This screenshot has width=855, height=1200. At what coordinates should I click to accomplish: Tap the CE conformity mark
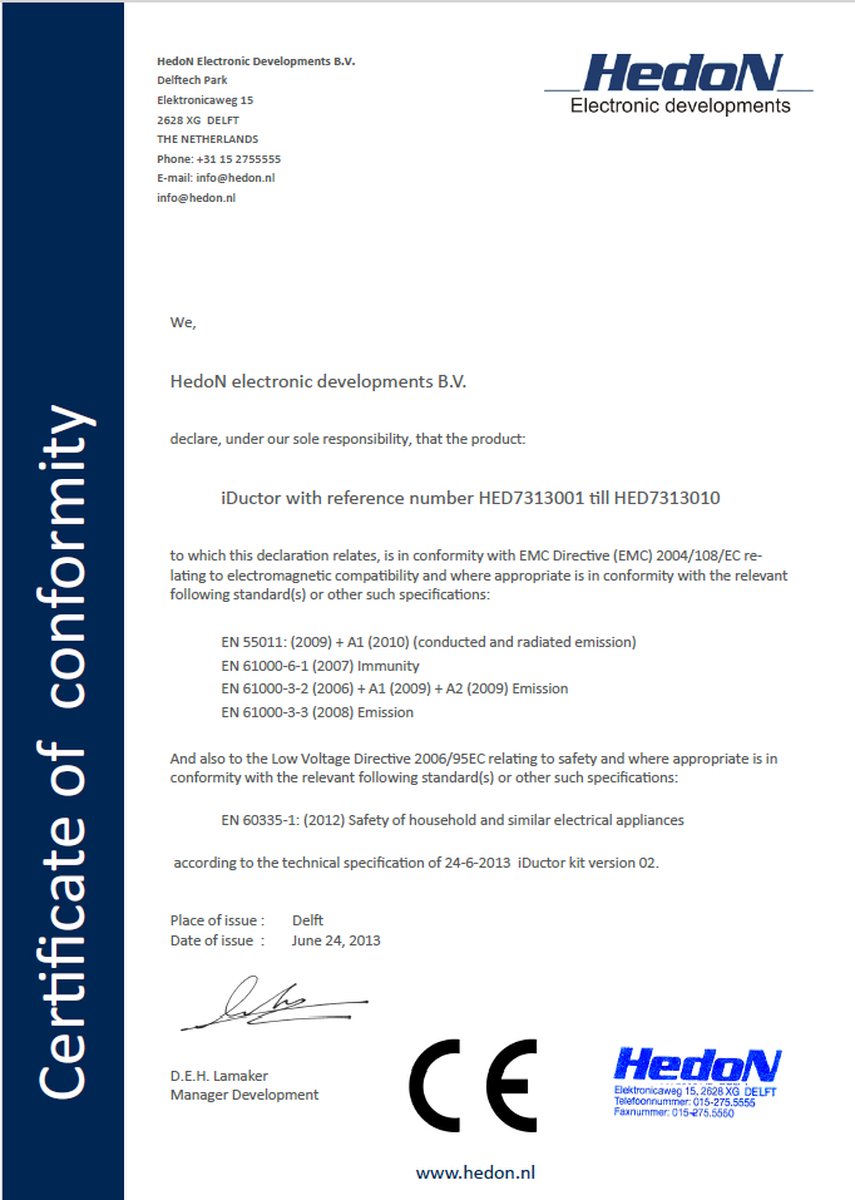(473, 1083)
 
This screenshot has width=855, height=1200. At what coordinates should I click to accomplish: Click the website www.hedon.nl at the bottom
(477, 1171)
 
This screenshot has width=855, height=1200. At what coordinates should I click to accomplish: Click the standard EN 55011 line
(428, 642)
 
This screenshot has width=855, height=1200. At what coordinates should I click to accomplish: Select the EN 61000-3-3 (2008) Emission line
(317, 713)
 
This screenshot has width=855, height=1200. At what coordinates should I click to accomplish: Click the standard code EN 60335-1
(262, 820)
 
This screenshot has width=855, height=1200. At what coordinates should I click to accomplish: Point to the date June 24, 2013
(336, 940)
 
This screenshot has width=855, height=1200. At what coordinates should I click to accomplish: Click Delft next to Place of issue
(307, 920)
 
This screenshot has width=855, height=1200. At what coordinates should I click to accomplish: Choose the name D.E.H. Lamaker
(219, 1076)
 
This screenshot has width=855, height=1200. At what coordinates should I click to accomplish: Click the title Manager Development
(244, 1095)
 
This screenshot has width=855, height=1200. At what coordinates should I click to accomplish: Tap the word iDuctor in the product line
(252, 498)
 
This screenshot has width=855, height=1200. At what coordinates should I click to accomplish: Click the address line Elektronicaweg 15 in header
(205, 100)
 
